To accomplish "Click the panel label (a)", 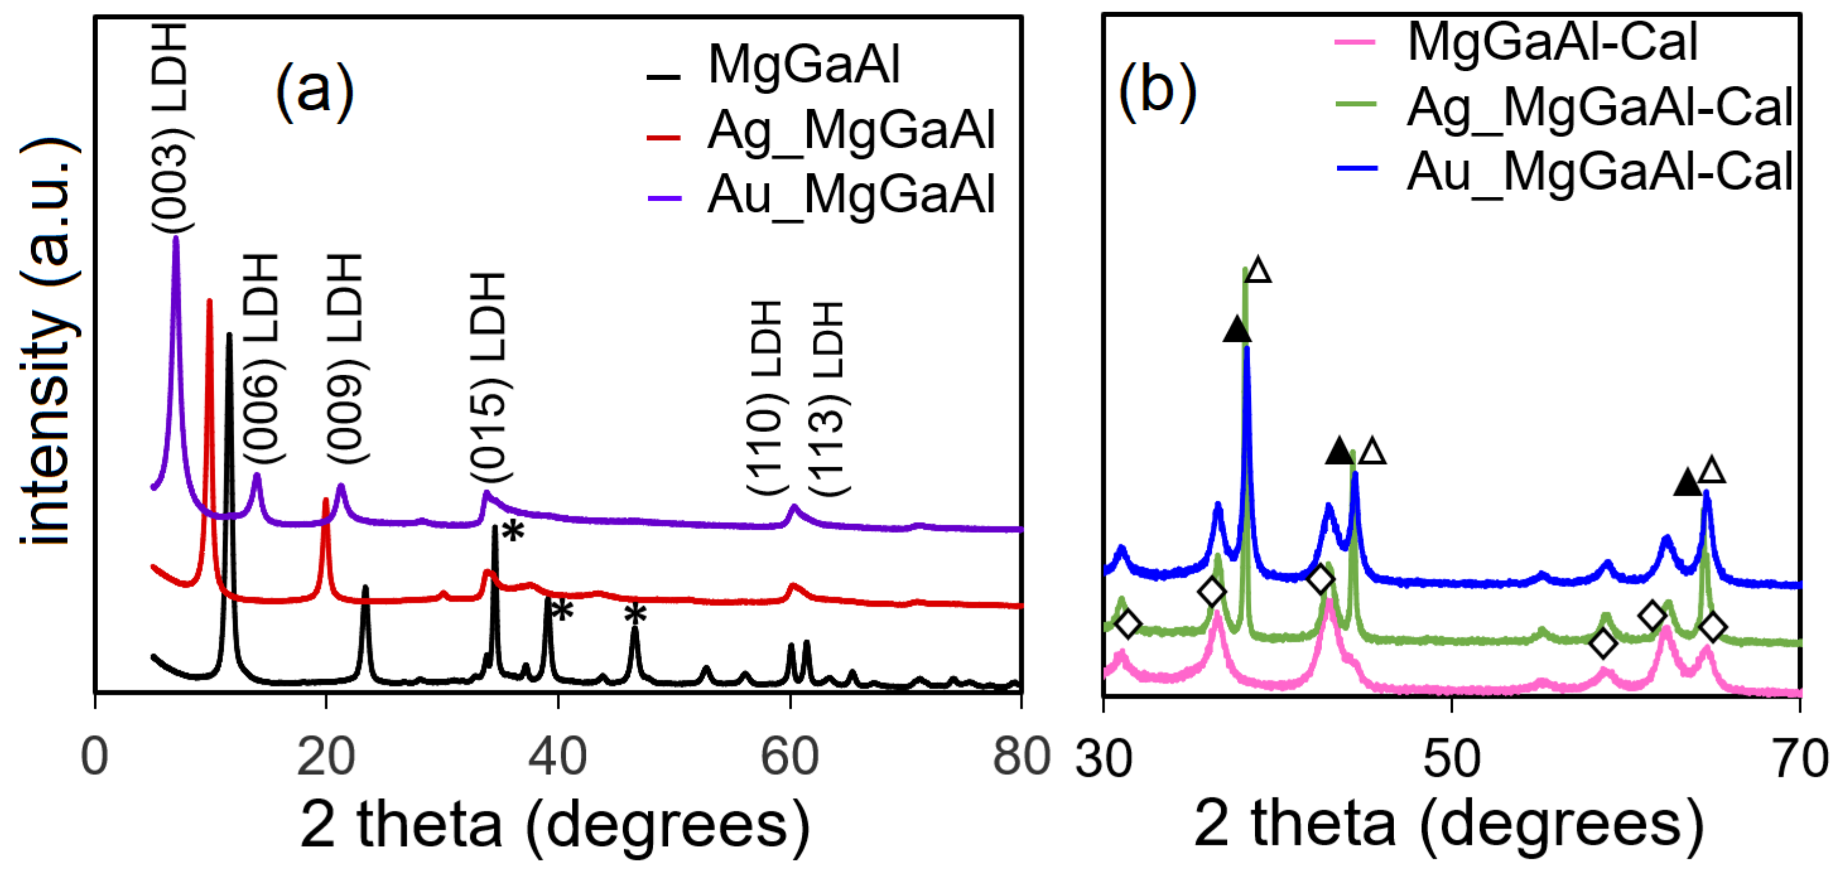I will point(315,91).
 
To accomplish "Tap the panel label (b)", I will point(1157,91).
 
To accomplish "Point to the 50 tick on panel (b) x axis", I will point(1451,758).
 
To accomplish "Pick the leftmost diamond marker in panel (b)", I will point(1128,624).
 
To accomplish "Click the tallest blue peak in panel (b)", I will point(1247,348).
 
